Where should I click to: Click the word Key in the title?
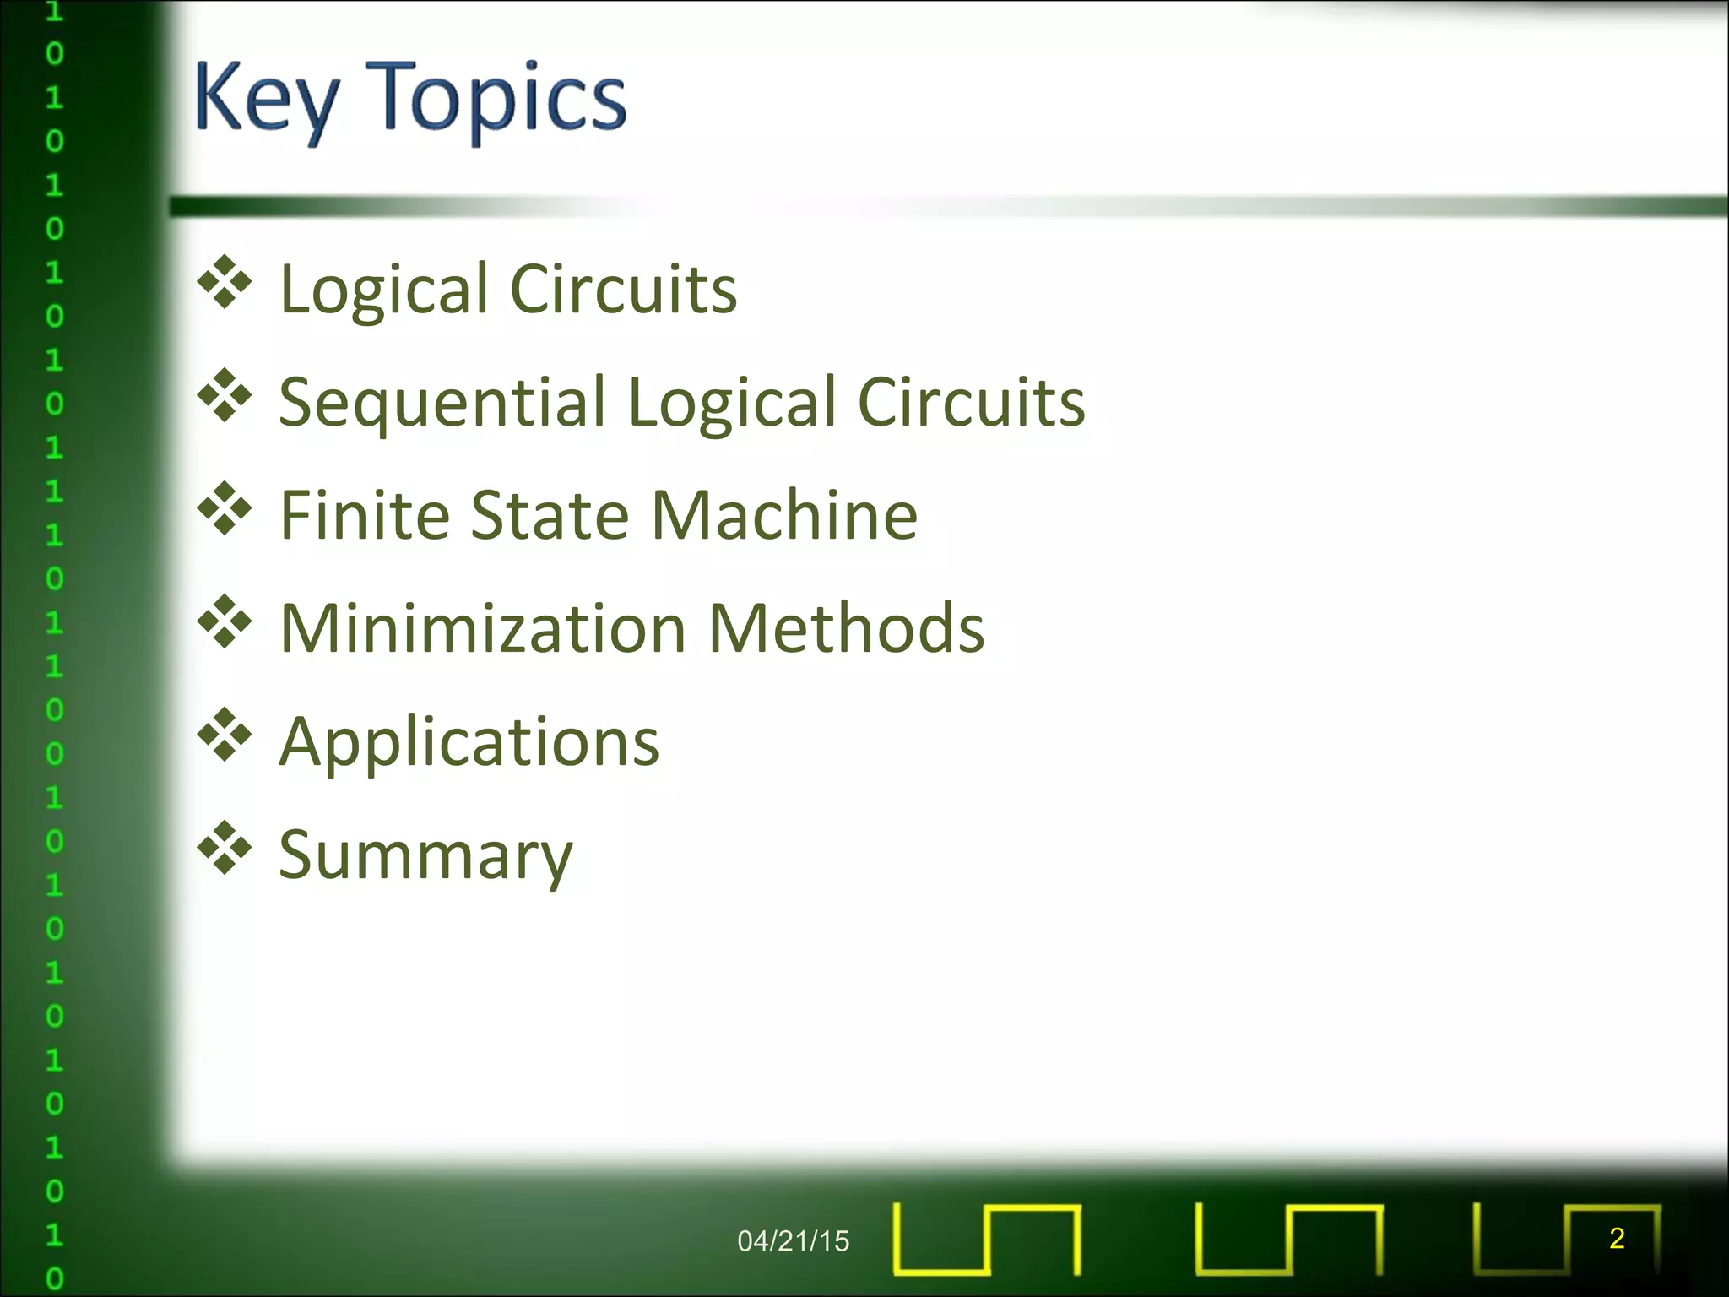pos(267,100)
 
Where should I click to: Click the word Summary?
pos(425,856)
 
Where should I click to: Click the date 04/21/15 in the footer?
pos(793,1240)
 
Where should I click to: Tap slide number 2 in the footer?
pos(1617,1238)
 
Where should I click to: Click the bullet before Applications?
pos(225,734)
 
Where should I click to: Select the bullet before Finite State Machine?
pos(225,508)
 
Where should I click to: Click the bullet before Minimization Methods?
pos(225,621)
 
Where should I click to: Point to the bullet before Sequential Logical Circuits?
pos(225,395)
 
